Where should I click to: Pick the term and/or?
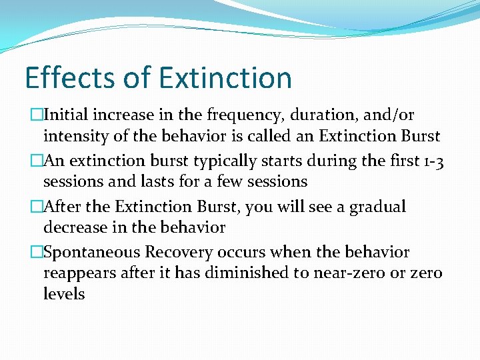(x=389, y=116)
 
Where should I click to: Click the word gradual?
(x=373, y=207)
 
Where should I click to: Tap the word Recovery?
(x=177, y=252)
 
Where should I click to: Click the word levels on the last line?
(x=64, y=294)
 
